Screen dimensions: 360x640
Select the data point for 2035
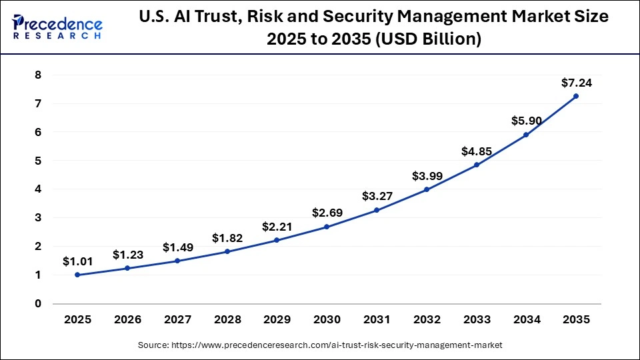pos(576,96)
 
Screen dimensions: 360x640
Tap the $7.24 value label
pos(576,83)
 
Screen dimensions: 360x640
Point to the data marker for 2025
pos(77,275)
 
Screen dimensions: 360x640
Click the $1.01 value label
pos(77,261)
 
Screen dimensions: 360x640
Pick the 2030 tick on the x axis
pos(327,319)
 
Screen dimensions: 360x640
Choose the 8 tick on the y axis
pos(38,75)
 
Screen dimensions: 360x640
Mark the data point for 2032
pos(427,189)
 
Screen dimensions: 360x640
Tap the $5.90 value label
pos(526,121)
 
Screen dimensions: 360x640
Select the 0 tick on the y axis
pos(38,303)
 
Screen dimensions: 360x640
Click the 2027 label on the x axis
pos(177,319)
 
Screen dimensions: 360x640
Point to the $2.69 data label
pos(327,213)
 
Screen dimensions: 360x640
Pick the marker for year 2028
pos(227,251)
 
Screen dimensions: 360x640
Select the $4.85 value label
pos(476,151)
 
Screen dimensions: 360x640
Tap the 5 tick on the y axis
pos(38,161)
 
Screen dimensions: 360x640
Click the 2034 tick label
pos(526,319)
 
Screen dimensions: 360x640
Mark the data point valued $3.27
pos(377,210)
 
